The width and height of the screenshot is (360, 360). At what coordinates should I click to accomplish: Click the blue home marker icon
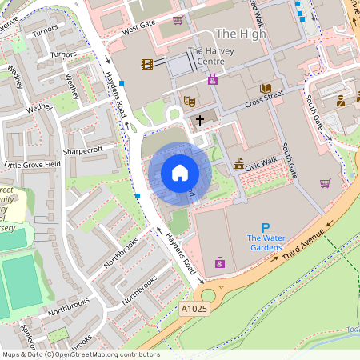coord(180,172)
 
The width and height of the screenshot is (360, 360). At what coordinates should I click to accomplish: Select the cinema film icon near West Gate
coord(146,64)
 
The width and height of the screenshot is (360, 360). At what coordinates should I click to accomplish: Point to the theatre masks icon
coord(190,101)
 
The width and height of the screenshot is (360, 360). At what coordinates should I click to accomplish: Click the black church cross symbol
coord(199,120)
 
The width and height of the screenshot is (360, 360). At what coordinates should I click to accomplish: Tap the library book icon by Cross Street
coord(266,89)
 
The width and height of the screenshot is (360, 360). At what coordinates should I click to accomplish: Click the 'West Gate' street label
coord(138,29)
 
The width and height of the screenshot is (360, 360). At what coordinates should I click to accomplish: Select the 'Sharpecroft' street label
coord(82,150)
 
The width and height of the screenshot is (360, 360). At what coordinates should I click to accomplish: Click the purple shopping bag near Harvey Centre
coord(213,79)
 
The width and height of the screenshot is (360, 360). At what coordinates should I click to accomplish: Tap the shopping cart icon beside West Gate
coord(178,20)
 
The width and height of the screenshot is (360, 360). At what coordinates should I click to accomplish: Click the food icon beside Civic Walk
coord(238,164)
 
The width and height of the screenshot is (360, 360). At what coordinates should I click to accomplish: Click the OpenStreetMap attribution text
coord(80,354)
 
